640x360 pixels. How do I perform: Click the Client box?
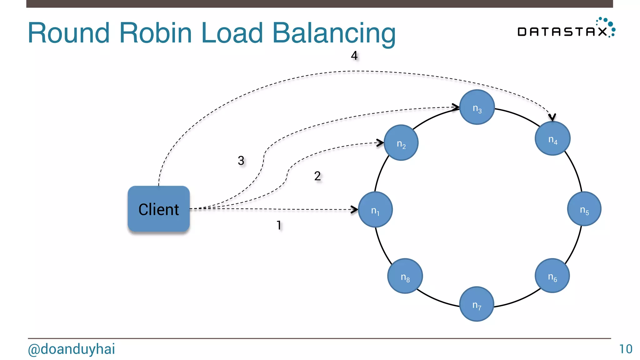click(x=158, y=209)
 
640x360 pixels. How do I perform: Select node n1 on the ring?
click(x=375, y=209)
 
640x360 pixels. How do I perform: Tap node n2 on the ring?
click(x=401, y=143)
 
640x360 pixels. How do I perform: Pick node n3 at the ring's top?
click(x=477, y=107)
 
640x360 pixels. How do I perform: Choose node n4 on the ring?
click(x=552, y=138)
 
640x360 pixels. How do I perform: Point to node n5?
click(x=584, y=209)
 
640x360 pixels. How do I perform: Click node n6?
click(x=552, y=276)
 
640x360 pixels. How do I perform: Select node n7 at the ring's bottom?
click(x=477, y=304)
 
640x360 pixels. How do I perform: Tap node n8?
click(x=405, y=276)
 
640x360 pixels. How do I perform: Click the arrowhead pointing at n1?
click(x=355, y=209)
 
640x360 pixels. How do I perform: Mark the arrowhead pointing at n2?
click(x=380, y=143)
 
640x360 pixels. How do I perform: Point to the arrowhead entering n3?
click(x=456, y=107)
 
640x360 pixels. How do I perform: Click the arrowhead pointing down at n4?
click(x=552, y=117)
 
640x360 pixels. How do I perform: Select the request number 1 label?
click(x=279, y=225)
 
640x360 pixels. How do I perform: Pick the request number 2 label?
click(x=317, y=176)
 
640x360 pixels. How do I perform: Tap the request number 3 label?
click(x=241, y=161)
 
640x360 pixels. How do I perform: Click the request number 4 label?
click(x=354, y=56)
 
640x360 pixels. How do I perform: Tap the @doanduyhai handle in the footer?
click(x=71, y=349)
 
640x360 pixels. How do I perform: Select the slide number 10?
click(x=625, y=349)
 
